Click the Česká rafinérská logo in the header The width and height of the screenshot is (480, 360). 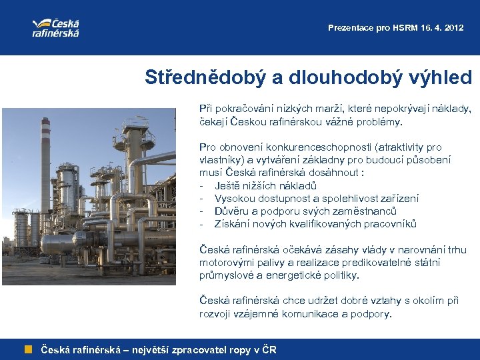point(56,27)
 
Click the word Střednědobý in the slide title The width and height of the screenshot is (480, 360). point(205,77)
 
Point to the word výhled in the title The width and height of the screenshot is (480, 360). point(438,77)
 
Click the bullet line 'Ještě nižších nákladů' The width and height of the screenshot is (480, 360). point(265,185)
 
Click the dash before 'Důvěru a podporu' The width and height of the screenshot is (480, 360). point(201,211)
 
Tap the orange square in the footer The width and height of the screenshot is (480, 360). point(29,349)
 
